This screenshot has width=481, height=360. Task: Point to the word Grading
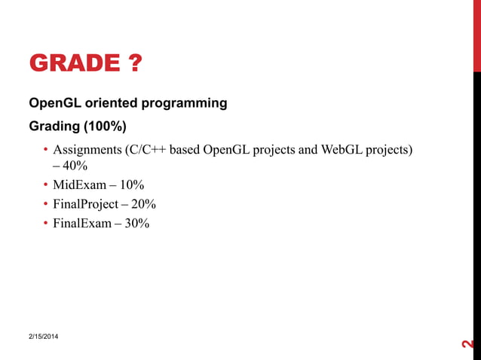[54, 125]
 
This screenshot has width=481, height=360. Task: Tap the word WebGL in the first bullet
[340, 149]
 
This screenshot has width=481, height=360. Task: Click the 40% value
[76, 166]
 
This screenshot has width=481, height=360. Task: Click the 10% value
[132, 185]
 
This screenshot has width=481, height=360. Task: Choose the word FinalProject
[85, 204]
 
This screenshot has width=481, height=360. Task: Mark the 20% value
[144, 204]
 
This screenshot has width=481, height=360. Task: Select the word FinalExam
[82, 223]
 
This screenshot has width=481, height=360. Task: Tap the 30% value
[137, 223]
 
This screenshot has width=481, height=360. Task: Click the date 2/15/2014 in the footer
[45, 334]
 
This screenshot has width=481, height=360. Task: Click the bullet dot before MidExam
[45, 185]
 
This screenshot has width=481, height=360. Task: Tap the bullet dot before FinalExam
[45, 223]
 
